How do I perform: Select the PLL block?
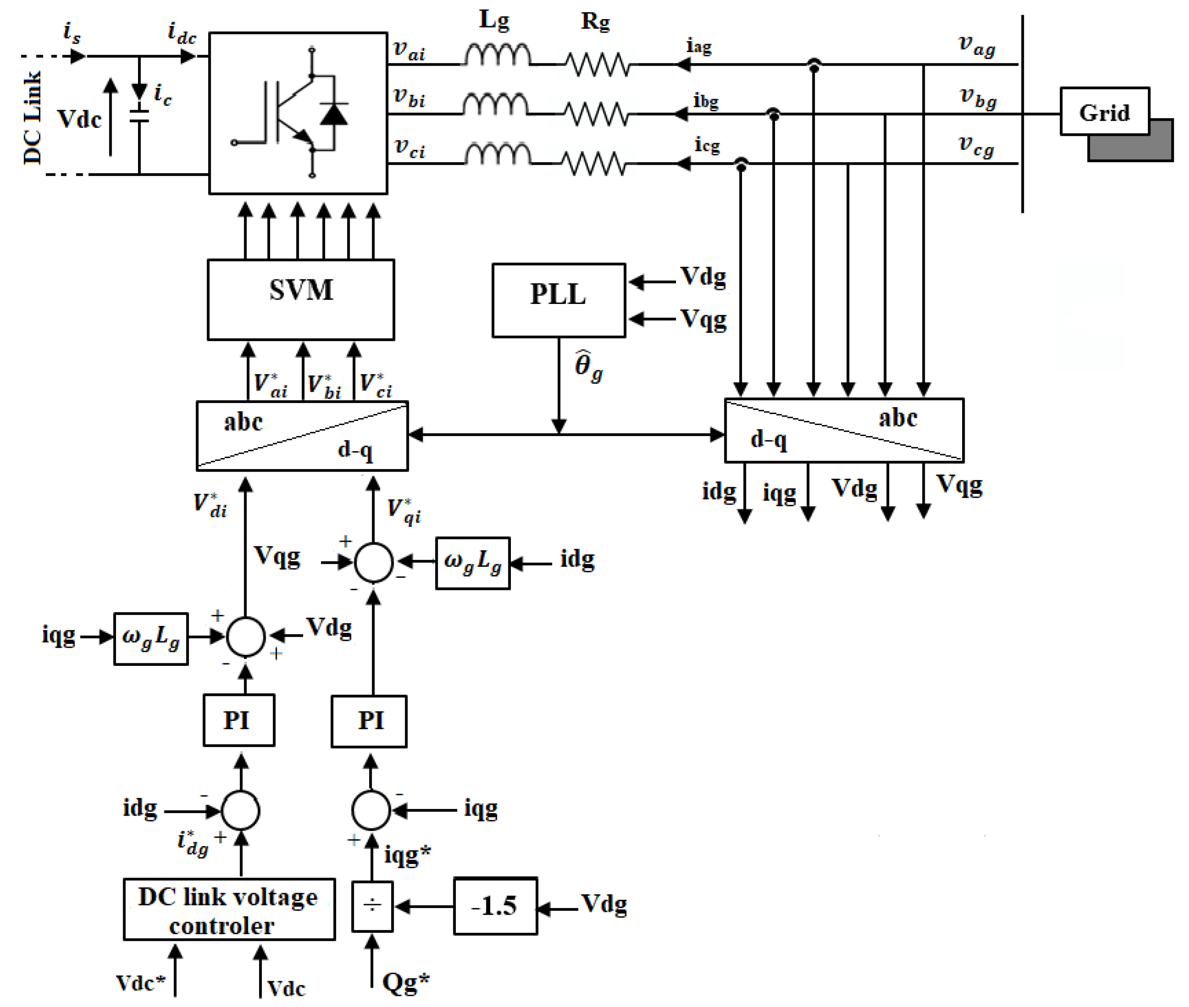tap(558, 300)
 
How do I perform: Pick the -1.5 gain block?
tap(495, 906)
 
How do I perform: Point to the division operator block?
tap(372, 906)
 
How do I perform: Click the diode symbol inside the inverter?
tap(334, 113)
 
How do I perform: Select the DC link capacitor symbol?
tap(139, 116)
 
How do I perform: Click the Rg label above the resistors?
tap(596, 22)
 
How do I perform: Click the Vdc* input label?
tap(140, 982)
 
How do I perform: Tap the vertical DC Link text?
tap(32, 117)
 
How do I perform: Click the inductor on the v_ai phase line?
tap(497, 56)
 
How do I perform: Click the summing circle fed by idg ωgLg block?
tap(373, 562)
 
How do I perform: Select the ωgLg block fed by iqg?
tap(151, 638)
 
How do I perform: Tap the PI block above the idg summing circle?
tap(239, 720)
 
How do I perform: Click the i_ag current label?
tap(699, 46)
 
